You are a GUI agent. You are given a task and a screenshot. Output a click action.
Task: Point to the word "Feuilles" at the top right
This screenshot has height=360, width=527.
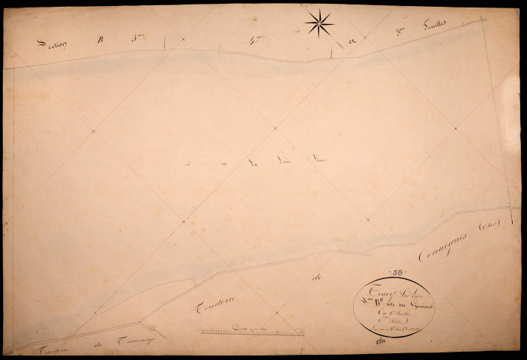point(435,25)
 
